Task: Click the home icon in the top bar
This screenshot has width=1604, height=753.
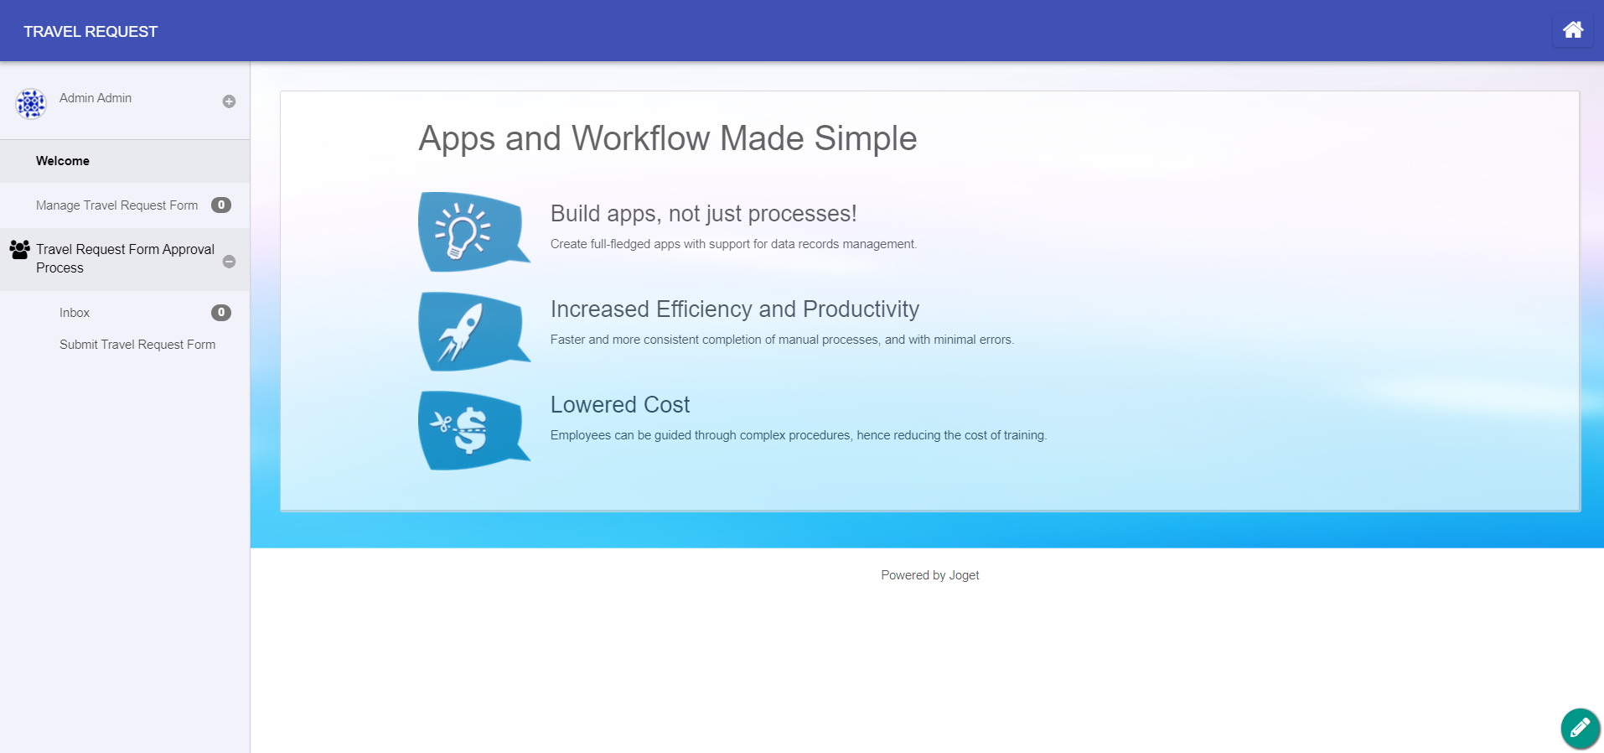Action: pyautogui.click(x=1573, y=30)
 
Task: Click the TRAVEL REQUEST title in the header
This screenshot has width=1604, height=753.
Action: pyautogui.click(x=91, y=32)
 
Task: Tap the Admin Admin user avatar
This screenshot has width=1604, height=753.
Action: pyautogui.click(x=31, y=104)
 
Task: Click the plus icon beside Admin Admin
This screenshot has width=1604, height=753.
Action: pyautogui.click(x=229, y=101)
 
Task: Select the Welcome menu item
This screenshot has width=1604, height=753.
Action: pyautogui.click(x=63, y=161)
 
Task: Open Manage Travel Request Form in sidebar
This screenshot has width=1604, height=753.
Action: pyautogui.click(x=117, y=205)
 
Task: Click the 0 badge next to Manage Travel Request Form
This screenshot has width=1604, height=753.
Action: pyautogui.click(x=221, y=205)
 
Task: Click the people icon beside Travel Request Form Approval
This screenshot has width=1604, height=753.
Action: pyautogui.click(x=20, y=249)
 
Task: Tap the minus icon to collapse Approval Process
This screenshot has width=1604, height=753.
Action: pyautogui.click(x=229, y=262)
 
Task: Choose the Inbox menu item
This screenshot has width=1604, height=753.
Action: pyautogui.click(x=75, y=313)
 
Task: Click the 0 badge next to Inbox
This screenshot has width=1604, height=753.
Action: pyautogui.click(x=221, y=313)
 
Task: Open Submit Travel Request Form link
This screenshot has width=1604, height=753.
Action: pyautogui.click(x=137, y=345)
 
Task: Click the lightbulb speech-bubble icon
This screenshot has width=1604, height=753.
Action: pyautogui.click(x=473, y=231)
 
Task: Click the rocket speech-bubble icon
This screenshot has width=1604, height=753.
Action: pyautogui.click(x=473, y=331)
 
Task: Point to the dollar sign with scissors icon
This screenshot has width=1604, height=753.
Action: pyautogui.click(x=473, y=430)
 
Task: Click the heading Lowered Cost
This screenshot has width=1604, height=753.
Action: pyautogui.click(x=620, y=405)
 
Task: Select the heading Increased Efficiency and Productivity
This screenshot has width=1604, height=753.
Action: pyautogui.click(x=735, y=309)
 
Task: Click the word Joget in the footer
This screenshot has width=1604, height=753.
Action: pyautogui.click(x=964, y=575)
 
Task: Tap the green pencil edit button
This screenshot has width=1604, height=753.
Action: pyautogui.click(x=1581, y=728)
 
